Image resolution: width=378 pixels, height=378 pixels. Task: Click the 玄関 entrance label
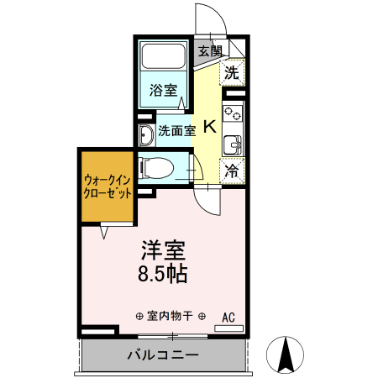click(210, 51)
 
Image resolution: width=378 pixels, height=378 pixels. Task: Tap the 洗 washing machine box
click(232, 72)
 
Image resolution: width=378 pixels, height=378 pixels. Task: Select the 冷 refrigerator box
click(231, 171)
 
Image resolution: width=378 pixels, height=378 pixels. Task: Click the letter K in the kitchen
click(209, 128)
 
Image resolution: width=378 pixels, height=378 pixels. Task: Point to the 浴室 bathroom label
click(163, 90)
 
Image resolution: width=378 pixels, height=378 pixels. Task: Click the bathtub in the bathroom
click(165, 57)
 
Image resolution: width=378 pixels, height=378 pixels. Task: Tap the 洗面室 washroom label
click(177, 131)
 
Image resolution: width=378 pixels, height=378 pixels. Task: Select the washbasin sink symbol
click(145, 132)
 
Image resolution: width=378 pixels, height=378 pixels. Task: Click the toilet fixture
click(159, 168)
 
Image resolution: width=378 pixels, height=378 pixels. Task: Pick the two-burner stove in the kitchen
click(232, 111)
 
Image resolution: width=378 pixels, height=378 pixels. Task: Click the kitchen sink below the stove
click(232, 143)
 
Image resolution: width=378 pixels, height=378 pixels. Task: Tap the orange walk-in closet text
click(108, 186)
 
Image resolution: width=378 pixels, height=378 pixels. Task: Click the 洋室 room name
click(162, 251)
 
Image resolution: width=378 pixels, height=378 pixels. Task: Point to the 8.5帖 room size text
click(162, 274)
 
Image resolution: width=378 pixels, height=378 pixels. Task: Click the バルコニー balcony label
click(163, 355)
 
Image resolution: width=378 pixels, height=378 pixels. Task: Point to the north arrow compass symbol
click(286, 354)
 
